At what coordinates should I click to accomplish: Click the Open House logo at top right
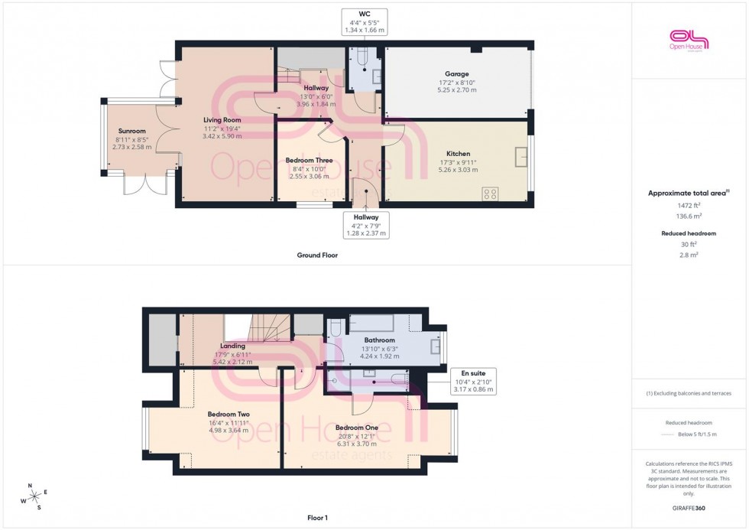click(689, 40)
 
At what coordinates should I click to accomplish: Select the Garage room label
click(459, 74)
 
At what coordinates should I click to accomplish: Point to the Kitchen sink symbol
click(521, 156)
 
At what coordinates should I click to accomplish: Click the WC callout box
click(365, 21)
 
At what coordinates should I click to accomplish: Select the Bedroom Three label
click(309, 160)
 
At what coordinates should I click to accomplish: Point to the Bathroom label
click(379, 340)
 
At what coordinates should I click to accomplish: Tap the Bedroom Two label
click(229, 414)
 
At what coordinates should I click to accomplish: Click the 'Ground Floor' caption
click(317, 255)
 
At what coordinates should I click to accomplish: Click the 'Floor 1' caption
click(316, 518)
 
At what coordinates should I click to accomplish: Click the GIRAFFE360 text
click(690, 506)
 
